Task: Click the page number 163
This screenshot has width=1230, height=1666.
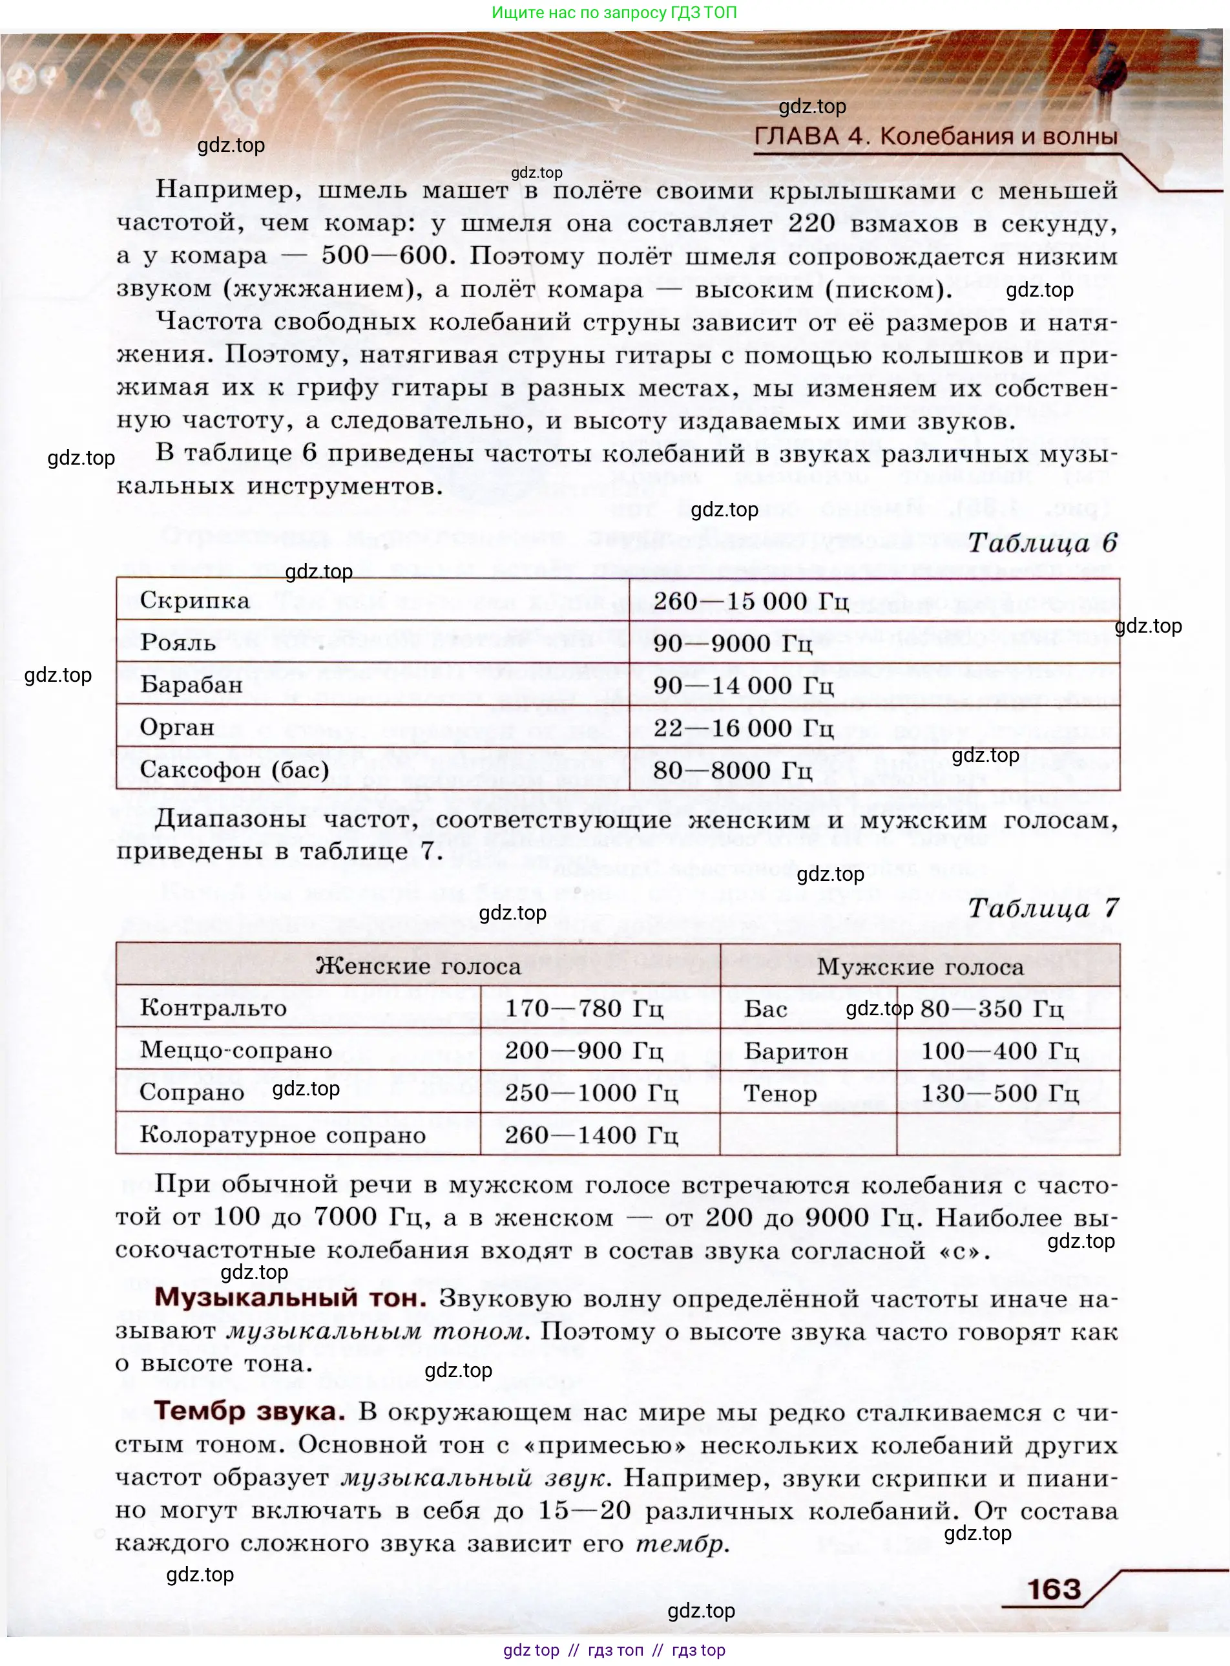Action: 1054,1589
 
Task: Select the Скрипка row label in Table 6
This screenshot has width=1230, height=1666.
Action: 195,600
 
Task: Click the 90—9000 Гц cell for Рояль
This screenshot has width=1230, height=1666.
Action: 733,644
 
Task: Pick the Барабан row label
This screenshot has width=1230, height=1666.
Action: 191,685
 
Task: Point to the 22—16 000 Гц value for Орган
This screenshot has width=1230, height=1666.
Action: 743,728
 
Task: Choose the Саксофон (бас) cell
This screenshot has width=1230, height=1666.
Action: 235,769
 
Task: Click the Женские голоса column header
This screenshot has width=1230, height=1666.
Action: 418,967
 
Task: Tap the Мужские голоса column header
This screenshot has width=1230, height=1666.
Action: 921,967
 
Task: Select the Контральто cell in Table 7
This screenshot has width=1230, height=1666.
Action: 213,1008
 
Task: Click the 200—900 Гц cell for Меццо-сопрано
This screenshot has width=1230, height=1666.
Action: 584,1051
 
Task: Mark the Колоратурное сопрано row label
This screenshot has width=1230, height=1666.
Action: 283,1135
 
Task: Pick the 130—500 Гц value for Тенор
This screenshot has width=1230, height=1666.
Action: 999,1093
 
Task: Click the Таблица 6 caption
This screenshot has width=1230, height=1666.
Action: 1043,543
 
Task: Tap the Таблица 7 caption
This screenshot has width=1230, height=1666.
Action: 1043,908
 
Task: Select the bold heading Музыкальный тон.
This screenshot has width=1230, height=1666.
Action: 290,1298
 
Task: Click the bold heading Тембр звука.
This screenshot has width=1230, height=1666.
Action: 249,1411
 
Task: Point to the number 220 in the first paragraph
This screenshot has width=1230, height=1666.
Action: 811,223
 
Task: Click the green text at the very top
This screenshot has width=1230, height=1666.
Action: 614,13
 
